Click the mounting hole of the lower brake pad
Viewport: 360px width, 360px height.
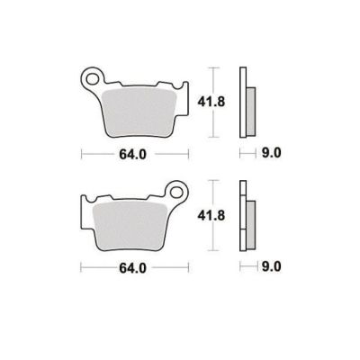[x=176, y=191]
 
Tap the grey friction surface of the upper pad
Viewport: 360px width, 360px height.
[x=139, y=112]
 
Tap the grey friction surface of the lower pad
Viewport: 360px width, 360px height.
[x=130, y=226]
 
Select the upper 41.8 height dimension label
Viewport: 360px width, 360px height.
[x=211, y=103]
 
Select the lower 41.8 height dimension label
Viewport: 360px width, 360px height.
[x=211, y=215]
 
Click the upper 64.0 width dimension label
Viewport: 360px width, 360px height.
[x=132, y=155]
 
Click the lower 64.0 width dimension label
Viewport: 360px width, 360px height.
[x=132, y=268]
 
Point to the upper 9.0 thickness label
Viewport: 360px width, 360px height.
[x=272, y=153]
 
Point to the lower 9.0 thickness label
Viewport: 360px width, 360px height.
[x=272, y=266]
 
